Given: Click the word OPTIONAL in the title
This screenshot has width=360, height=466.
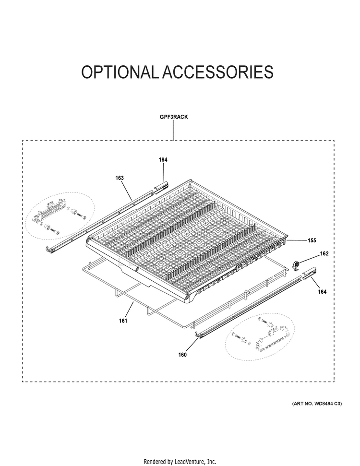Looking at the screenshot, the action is [x=120, y=72].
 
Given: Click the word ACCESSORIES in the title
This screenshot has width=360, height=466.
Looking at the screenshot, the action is [x=217, y=72].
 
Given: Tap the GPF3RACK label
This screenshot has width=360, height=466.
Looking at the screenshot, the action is [x=174, y=117].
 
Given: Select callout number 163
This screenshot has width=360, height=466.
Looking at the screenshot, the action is [x=120, y=178].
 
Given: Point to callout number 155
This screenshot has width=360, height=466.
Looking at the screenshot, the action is [x=312, y=240].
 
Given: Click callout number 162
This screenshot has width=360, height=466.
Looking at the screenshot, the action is [x=324, y=253].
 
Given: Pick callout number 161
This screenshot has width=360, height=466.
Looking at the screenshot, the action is [x=123, y=321].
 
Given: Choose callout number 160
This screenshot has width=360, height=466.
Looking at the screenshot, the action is [x=182, y=355].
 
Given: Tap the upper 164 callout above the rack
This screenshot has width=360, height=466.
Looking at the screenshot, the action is [x=163, y=160].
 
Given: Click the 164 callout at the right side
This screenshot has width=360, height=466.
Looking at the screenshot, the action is [x=322, y=291].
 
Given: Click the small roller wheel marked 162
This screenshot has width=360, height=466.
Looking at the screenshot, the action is [x=296, y=265].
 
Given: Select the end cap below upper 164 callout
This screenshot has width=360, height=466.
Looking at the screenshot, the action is [x=161, y=188].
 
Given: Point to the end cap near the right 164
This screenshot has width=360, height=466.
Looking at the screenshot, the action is [x=309, y=273].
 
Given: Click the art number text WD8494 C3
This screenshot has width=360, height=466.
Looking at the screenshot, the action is [x=326, y=404].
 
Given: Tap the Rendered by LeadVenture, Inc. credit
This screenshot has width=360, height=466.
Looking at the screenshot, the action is [x=180, y=462].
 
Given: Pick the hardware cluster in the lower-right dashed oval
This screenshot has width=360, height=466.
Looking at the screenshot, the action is [x=261, y=335].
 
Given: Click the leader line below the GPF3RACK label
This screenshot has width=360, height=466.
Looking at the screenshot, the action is [x=174, y=131].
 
